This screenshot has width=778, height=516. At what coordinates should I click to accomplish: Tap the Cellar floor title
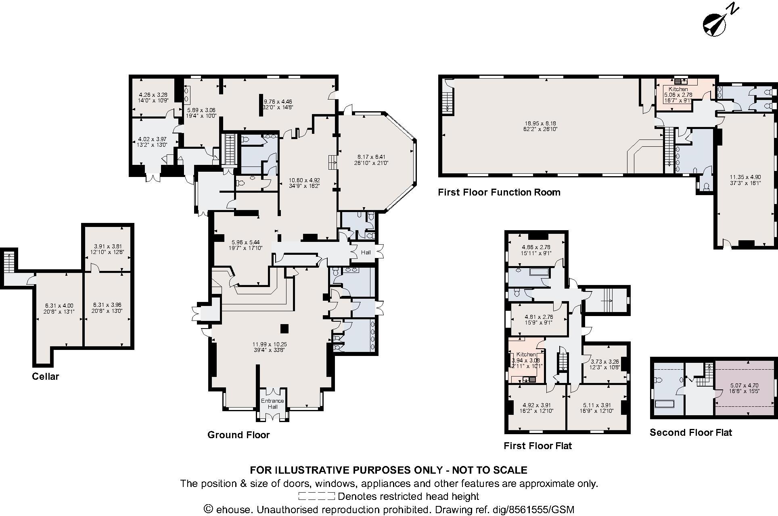point(46,377)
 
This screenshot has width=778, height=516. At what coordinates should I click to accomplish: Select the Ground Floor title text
point(238,435)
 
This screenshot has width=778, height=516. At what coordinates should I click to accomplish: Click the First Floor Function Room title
point(499,192)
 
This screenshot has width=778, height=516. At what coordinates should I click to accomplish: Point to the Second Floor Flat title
point(690,433)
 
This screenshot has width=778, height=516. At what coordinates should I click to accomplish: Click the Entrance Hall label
point(272,404)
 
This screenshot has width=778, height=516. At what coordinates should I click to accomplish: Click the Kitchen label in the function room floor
point(678,89)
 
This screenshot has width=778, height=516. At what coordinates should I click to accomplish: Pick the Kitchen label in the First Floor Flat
point(526,354)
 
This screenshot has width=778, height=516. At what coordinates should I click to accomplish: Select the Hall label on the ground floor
point(366,252)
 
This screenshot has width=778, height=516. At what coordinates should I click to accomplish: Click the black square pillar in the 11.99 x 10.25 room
point(285,329)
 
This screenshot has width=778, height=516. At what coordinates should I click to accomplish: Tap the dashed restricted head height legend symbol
point(316,496)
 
